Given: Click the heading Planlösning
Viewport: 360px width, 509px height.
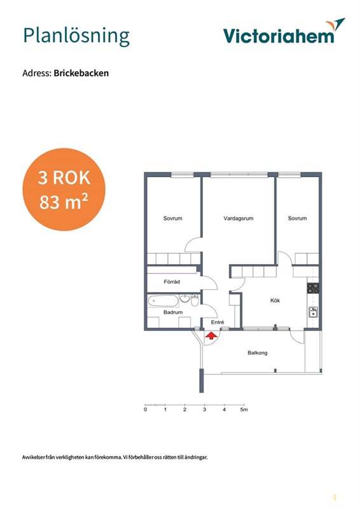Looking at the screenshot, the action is [x=76, y=36].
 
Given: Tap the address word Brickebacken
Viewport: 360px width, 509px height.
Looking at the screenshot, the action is [x=81, y=73].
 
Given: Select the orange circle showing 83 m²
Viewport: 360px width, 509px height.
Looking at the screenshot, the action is [x=64, y=190].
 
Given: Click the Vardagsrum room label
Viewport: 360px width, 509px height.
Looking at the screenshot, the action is [x=239, y=218].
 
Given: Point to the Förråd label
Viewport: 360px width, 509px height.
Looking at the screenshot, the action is [x=172, y=282].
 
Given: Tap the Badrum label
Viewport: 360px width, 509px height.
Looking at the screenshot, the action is [x=173, y=312].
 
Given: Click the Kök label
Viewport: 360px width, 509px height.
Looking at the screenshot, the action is [x=275, y=300].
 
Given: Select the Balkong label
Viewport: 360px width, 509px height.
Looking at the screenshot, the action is [x=258, y=353].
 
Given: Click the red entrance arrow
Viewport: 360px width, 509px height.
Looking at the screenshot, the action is [x=211, y=336].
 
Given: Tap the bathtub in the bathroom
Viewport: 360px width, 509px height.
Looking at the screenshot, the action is [x=163, y=301].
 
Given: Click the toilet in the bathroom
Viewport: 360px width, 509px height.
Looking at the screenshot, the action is [x=195, y=300].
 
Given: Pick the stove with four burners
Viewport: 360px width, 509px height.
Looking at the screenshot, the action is [x=314, y=288].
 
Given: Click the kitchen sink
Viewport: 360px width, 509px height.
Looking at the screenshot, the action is [x=314, y=312].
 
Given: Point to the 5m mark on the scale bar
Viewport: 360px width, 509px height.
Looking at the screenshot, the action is [x=244, y=410].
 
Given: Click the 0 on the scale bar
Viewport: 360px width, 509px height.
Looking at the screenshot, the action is [x=145, y=410].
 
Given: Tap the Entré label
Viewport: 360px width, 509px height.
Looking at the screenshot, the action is [x=218, y=323].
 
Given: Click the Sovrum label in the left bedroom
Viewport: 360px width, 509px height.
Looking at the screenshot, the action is [x=173, y=218].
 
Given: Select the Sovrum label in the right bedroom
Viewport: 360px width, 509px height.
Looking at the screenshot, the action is [x=297, y=218].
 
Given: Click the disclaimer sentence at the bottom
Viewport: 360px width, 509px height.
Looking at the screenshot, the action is [x=115, y=457].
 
